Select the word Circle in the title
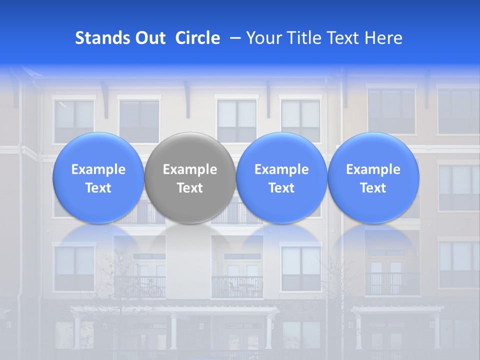[197, 38]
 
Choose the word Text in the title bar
[344, 38]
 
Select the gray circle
[190, 177]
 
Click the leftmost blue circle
[98, 177]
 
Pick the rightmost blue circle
[373, 177]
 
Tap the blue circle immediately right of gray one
[281, 177]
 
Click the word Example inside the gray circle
[190, 169]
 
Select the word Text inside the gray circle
[190, 188]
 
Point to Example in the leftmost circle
[98, 169]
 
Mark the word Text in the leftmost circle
[98, 188]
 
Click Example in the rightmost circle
[373, 169]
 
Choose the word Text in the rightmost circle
[373, 188]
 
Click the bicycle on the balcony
[143, 289]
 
